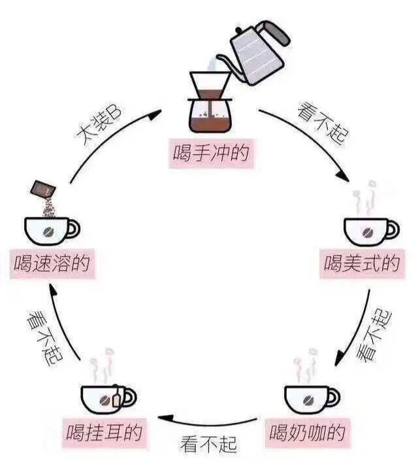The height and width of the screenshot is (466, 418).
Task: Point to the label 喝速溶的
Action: pyautogui.click(x=52, y=263)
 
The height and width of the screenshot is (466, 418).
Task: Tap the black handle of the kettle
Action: pyautogui.click(x=274, y=29)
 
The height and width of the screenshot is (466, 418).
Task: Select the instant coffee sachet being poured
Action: pyautogui.click(x=43, y=188)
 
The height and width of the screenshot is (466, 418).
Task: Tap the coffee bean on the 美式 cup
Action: pyautogui.click(x=368, y=232)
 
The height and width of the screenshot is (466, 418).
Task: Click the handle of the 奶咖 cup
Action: pyautogui.click(x=335, y=396)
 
